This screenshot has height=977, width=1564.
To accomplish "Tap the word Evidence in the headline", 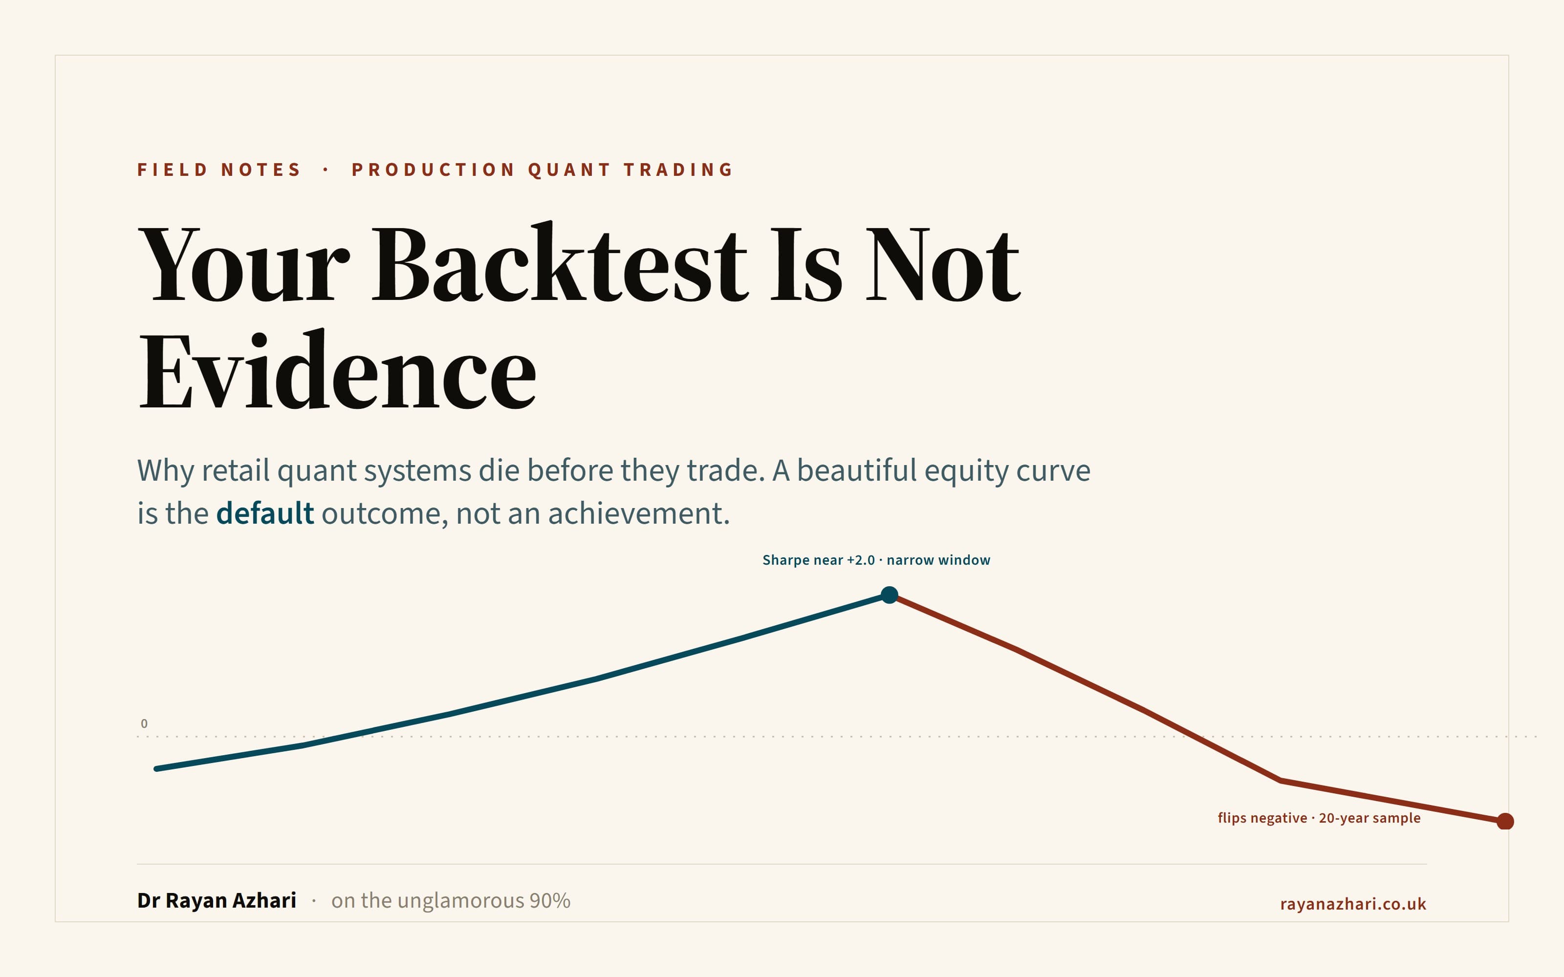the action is click(337, 370).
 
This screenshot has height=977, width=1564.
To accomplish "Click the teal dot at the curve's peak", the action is click(890, 595).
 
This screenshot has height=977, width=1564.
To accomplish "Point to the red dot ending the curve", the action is click(1505, 821).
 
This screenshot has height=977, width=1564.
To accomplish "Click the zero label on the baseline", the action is click(144, 723).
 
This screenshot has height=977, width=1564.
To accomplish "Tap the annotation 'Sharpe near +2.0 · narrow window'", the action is click(876, 560).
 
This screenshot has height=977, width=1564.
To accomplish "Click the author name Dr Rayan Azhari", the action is click(217, 900).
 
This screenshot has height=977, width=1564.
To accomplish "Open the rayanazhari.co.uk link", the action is click(1353, 903).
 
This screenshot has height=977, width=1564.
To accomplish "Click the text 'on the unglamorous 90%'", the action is click(451, 900).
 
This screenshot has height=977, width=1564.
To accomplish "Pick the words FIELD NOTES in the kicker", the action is click(218, 170).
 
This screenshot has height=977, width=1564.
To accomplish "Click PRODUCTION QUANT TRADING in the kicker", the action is click(542, 170).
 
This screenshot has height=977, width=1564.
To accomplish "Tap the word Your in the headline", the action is click(244, 264).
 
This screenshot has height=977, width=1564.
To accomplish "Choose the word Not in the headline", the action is click(943, 264).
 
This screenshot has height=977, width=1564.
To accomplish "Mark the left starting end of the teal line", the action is click(156, 768).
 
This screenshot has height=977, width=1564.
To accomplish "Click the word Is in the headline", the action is click(806, 264).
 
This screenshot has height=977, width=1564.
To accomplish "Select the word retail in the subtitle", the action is click(235, 470).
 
